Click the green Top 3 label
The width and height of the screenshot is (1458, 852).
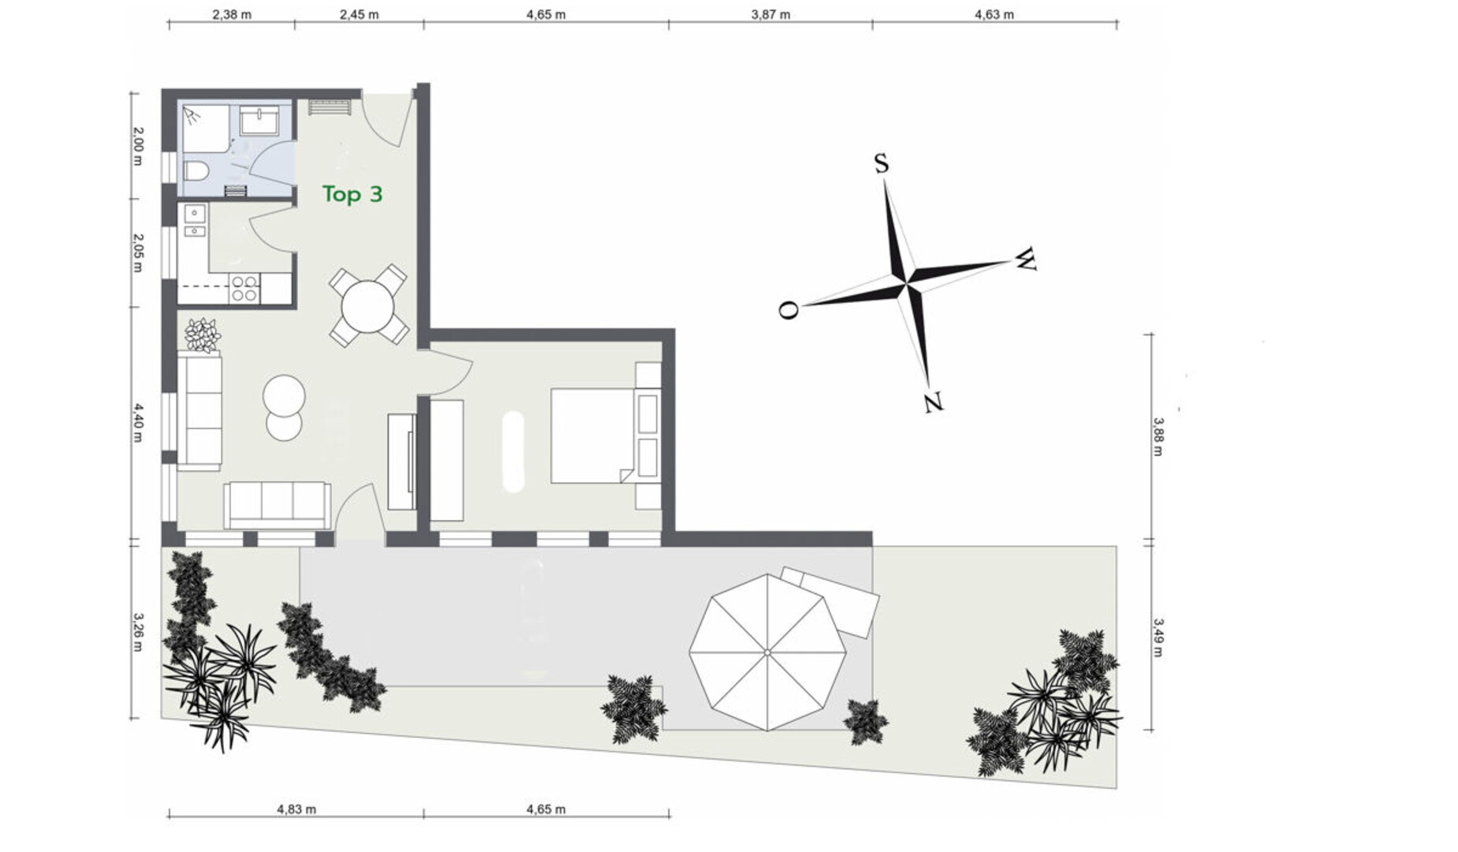pyautogui.click(x=352, y=193)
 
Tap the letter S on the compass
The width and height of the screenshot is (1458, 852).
pyautogui.click(x=881, y=163)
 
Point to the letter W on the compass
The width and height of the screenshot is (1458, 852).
pyautogui.click(x=1024, y=259)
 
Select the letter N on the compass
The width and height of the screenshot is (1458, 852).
pyautogui.click(x=933, y=402)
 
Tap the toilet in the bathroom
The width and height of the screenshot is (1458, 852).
pyautogui.click(x=196, y=170)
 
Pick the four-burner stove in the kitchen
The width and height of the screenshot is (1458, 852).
pyautogui.click(x=244, y=288)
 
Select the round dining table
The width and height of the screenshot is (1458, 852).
pyautogui.click(x=367, y=307)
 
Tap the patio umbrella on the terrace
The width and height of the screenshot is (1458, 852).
pyautogui.click(x=767, y=652)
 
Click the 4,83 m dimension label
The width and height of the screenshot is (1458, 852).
pyautogui.click(x=296, y=809)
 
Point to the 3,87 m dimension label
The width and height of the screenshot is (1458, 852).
pyautogui.click(x=770, y=14)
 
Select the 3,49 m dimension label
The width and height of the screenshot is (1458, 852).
pyautogui.click(x=1158, y=637)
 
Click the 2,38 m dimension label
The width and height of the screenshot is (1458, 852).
pyautogui.click(x=232, y=14)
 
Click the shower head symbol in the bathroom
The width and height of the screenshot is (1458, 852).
pyautogui.click(x=192, y=117)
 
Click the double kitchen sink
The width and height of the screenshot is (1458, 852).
pyautogui.click(x=194, y=222)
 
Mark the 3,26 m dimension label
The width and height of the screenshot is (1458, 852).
pyautogui.click(x=137, y=633)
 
